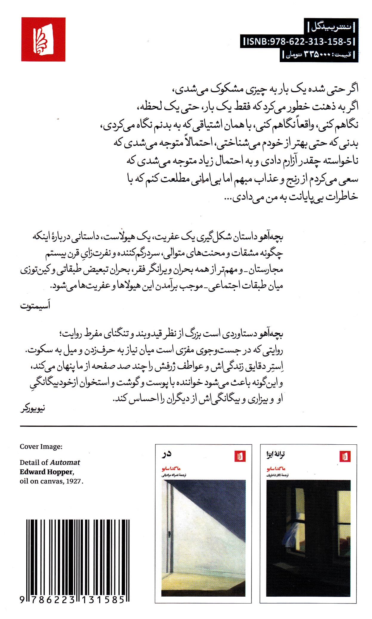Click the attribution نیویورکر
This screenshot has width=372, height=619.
33,409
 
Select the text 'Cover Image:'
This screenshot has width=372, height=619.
41,446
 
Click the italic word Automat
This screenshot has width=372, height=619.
65,462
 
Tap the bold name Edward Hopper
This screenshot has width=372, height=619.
46,472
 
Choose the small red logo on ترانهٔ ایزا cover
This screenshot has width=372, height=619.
345,456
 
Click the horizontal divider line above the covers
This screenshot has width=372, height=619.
188,426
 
